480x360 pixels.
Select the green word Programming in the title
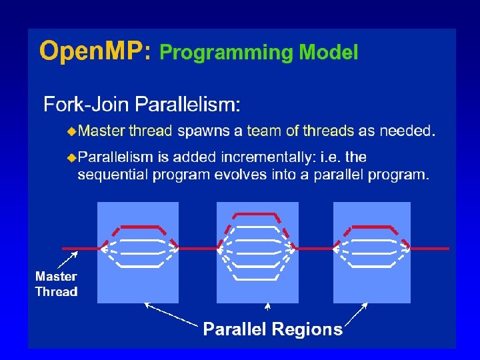tap(226, 53)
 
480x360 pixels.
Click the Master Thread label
tap(56, 284)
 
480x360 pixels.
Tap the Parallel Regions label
tap(273, 329)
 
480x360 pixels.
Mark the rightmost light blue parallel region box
tap(371, 283)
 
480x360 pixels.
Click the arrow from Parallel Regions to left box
tap(171, 315)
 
